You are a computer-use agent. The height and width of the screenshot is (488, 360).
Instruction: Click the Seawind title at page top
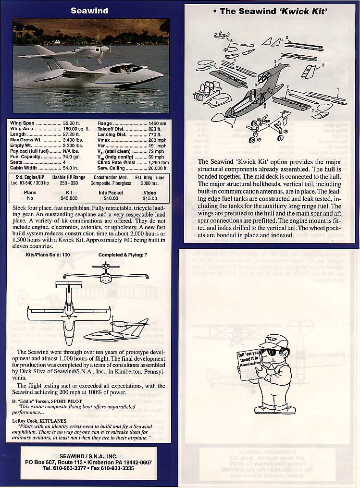tap(89, 10)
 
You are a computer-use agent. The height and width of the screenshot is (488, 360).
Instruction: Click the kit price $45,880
tap(69, 197)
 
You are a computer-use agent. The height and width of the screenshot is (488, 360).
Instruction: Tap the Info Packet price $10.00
tap(111, 197)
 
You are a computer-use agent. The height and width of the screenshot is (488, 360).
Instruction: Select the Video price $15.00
tap(150, 197)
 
